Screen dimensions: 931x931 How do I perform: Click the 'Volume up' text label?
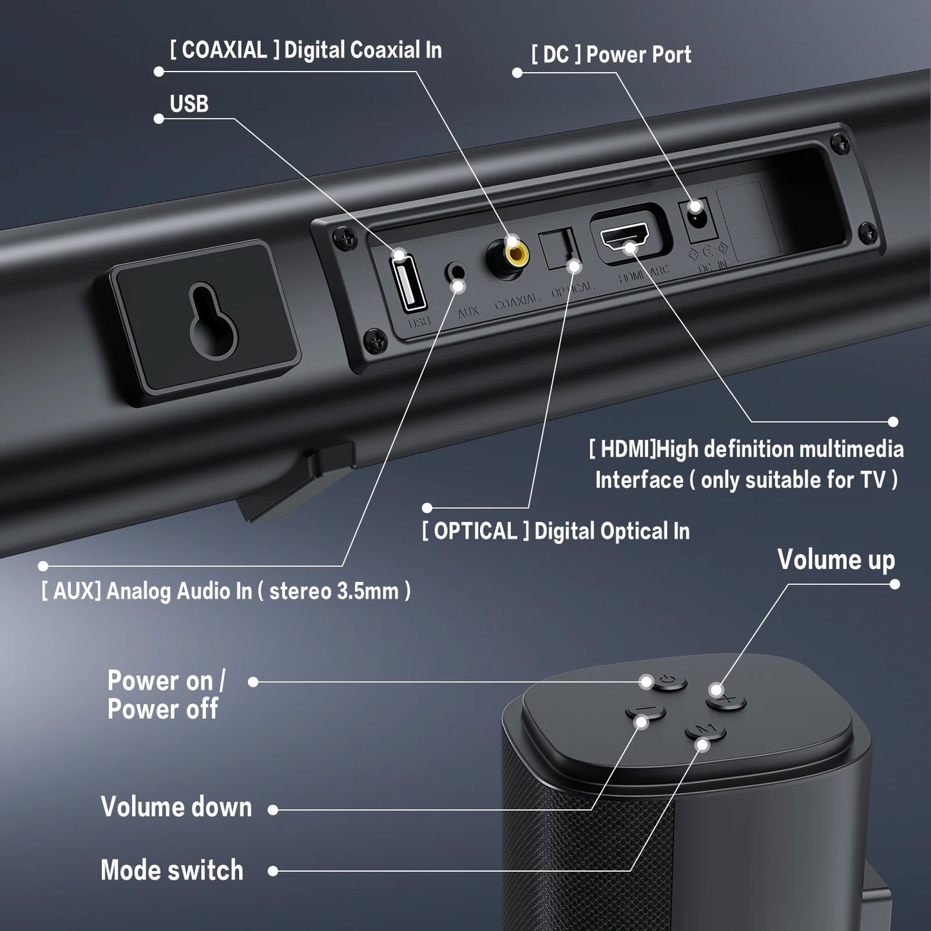pyautogui.click(x=836, y=559)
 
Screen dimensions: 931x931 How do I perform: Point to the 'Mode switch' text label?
pyautogui.click(x=172, y=870)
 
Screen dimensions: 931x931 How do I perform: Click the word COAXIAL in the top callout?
pyautogui.click(x=224, y=50)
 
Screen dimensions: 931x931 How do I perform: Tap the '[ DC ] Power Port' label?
pyautogui.click(x=611, y=55)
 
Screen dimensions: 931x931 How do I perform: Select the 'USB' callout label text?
pyautogui.click(x=189, y=104)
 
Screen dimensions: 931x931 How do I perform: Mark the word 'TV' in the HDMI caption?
pyautogui.click(x=873, y=480)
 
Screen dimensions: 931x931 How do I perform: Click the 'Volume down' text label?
pyautogui.click(x=176, y=807)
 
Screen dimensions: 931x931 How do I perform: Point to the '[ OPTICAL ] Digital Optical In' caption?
pyautogui.click(x=555, y=532)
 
